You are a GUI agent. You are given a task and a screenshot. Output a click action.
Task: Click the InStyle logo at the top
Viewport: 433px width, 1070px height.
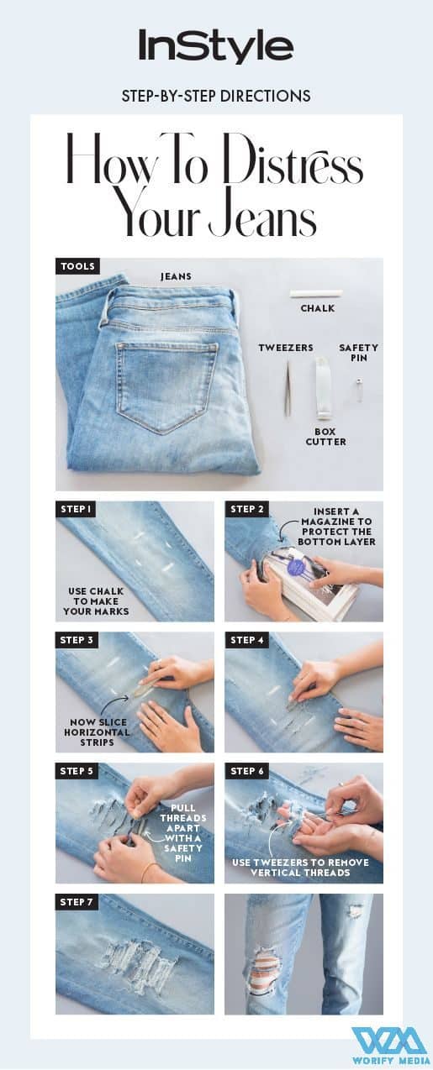click(216, 46)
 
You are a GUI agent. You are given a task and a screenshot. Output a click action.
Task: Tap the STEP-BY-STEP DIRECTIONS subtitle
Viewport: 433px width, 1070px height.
click(216, 96)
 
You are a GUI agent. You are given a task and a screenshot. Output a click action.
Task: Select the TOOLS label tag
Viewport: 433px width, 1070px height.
click(77, 266)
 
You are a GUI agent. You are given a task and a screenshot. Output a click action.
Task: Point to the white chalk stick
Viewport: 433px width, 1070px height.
click(318, 293)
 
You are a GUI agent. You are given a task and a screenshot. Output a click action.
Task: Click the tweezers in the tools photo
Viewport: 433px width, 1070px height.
click(288, 386)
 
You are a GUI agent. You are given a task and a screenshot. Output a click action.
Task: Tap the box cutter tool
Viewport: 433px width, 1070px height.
click(321, 387)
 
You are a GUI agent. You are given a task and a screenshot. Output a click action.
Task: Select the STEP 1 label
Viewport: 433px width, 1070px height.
click(76, 509)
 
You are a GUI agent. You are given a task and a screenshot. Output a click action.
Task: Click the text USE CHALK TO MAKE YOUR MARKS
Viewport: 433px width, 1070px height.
click(96, 601)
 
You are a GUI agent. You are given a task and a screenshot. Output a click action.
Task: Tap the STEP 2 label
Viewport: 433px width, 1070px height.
click(247, 509)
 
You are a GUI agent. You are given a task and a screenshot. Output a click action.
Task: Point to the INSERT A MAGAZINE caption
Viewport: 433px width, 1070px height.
click(336, 527)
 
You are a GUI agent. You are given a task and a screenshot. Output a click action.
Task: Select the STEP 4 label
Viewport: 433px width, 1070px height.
click(247, 640)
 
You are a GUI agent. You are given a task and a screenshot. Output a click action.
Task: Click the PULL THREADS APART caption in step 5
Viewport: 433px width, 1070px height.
click(183, 832)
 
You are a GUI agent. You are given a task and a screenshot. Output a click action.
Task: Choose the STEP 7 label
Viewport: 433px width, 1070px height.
click(77, 902)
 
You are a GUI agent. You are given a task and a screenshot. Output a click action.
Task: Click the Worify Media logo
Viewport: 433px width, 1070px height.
click(388, 1045)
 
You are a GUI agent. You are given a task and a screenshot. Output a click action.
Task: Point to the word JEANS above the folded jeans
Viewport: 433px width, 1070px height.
click(176, 276)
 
